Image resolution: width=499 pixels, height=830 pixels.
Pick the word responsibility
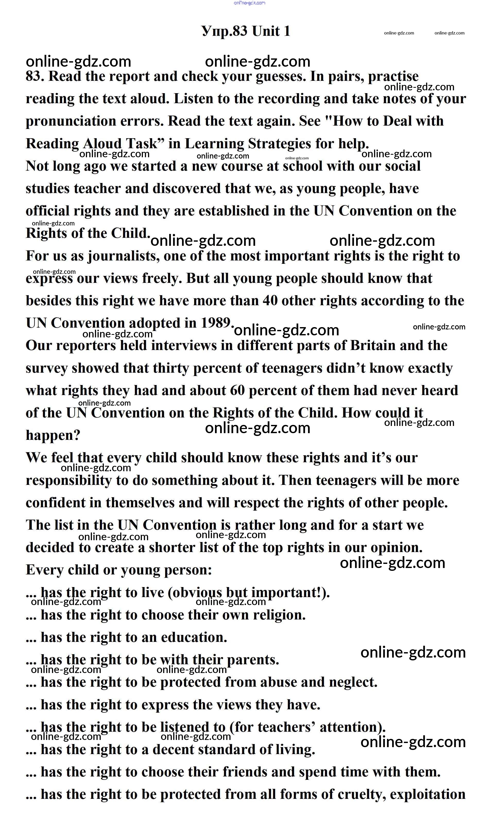click(x=68, y=480)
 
